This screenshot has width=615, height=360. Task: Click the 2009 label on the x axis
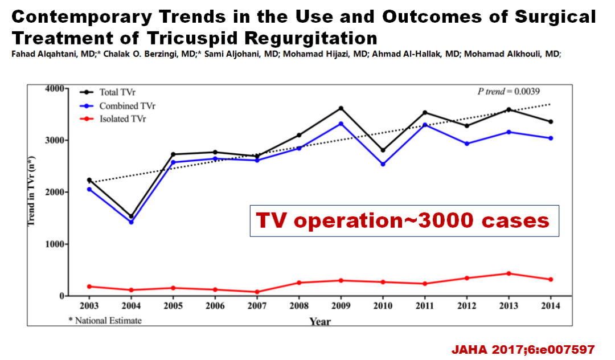click(341, 306)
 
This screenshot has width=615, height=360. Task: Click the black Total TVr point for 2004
click(131, 216)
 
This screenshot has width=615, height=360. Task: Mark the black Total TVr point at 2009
click(341, 108)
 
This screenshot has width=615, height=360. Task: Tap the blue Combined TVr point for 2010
click(383, 164)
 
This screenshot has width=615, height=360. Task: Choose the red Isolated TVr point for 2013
click(509, 273)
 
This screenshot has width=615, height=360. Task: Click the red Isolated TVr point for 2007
click(257, 292)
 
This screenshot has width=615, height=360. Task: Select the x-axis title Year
click(320, 322)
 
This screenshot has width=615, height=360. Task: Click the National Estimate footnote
click(105, 320)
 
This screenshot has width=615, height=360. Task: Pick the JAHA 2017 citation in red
click(523, 349)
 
